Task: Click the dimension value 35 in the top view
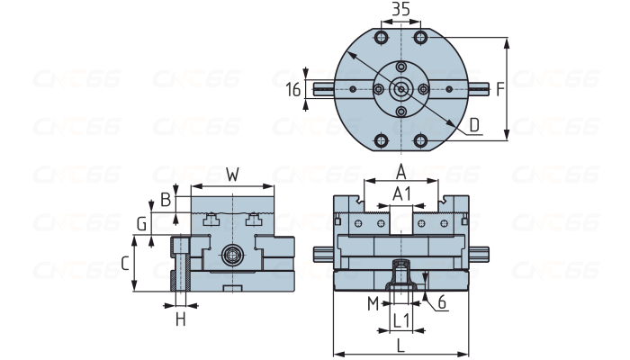pos(401,10)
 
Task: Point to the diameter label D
pos(474,125)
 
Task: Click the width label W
pos(232,174)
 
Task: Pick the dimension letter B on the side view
pos(166,199)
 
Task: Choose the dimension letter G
pos(141,222)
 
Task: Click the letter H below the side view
pos(180,319)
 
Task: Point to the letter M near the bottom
pos(373,303)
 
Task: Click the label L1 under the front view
pos(401,319)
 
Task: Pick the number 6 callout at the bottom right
pos(442,303)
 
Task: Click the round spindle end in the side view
pos(232,256)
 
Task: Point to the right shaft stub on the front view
pos(480,254)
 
